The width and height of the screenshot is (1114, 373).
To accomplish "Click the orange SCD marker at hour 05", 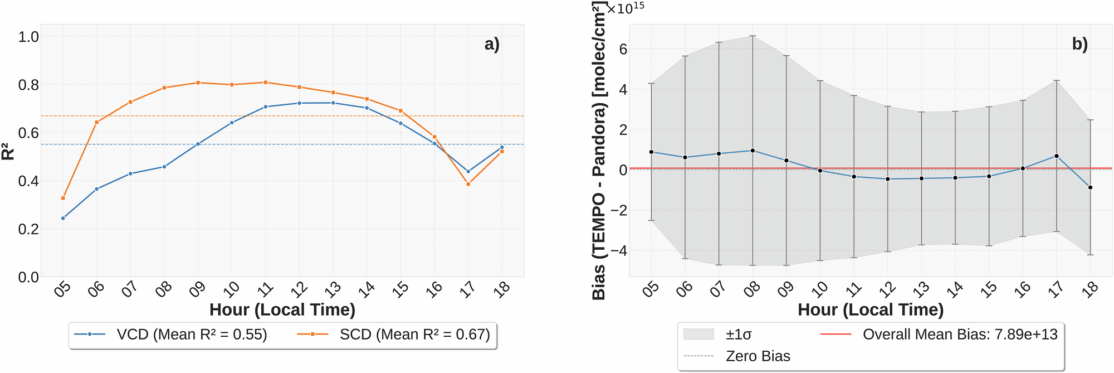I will coord(63,198).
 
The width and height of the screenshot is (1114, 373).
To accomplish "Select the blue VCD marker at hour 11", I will coord(266,106).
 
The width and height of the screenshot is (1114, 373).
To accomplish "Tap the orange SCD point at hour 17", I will coord(468,184).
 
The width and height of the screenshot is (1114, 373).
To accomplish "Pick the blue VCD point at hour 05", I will coord(63,218).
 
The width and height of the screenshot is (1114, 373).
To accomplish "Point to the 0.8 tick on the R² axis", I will coord(28,85).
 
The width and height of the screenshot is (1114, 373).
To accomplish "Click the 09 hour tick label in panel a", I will coord(197,289).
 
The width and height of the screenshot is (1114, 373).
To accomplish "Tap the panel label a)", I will coord(492,44).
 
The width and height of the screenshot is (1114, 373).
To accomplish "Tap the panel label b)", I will coord(1079,44).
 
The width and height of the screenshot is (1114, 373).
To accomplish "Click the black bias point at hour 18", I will coord(1090,187).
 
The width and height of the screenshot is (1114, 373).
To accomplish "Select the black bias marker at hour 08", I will coord(753,151).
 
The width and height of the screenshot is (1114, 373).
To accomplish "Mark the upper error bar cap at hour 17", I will coord(1056,81).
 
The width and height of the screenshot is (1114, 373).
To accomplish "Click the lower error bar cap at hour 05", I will coord(651,221).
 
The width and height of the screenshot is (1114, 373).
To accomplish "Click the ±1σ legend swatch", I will coord(698,335).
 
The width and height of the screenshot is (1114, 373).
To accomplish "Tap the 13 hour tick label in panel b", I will coord(921,289).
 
